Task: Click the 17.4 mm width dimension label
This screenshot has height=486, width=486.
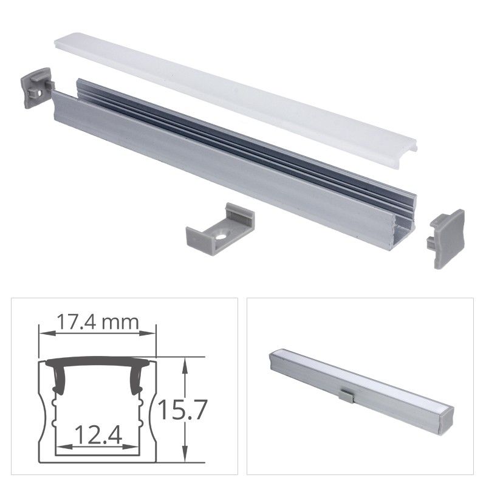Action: point(97,323)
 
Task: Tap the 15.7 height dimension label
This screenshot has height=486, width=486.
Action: point(182,410)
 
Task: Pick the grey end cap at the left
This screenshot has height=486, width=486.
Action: point(36,87)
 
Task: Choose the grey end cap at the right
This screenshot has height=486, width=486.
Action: point(447,238)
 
